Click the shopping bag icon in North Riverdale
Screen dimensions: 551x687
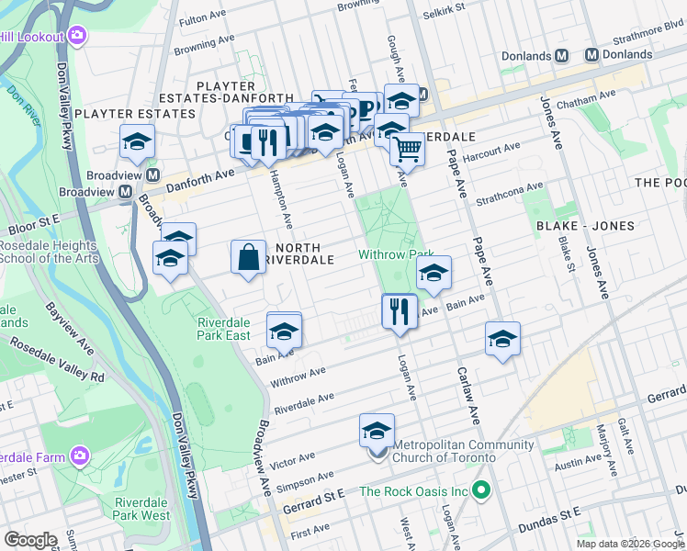(x=250, y=257)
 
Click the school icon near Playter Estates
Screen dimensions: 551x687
(x=137, y=142)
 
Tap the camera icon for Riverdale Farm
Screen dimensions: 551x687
(x=81, y=455)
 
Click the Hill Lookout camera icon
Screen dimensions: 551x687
(x=77, y=36)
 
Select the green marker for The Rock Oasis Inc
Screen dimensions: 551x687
(x=479, y=490)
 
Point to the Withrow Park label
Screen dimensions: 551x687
(x=396, y=254)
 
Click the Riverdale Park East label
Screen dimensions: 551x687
(x=224, y=329)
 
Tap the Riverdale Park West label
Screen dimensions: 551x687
(x=142, y=509)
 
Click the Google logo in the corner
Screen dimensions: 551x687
(x=31, y=540)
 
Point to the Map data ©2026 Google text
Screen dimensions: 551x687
(x=629, y=544)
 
